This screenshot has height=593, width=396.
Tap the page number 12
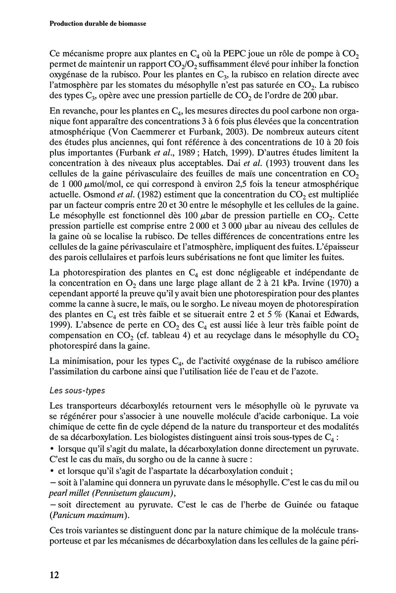(x=54, y=574)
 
